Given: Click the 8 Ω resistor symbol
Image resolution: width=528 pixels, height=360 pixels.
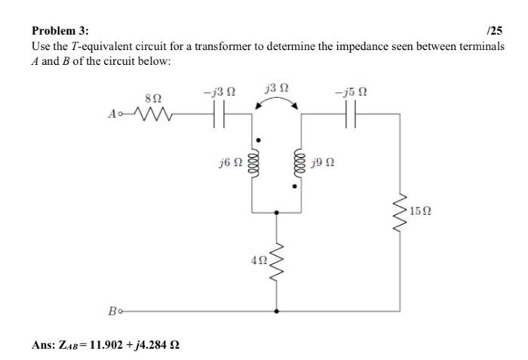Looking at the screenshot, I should pos(153,115).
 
